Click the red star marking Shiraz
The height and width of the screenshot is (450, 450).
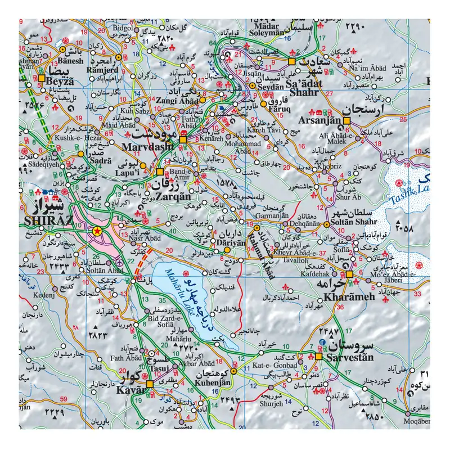coord(97,231)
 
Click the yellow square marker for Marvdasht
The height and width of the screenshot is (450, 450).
coord(182,139)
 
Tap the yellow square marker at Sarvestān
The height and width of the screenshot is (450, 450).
coord(319,356)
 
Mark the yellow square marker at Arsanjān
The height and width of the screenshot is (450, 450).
coord(347,120)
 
